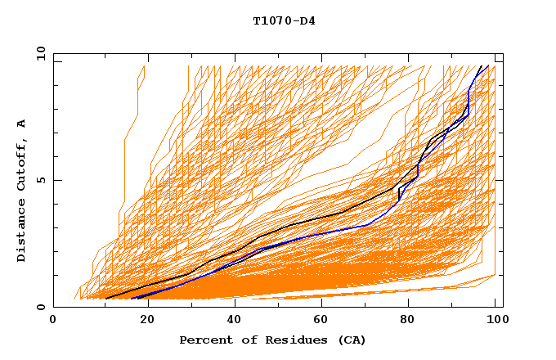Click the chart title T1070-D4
(x=284, y=21)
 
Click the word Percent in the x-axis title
(x=203, y=340)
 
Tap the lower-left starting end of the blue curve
(x=132, y=298)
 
